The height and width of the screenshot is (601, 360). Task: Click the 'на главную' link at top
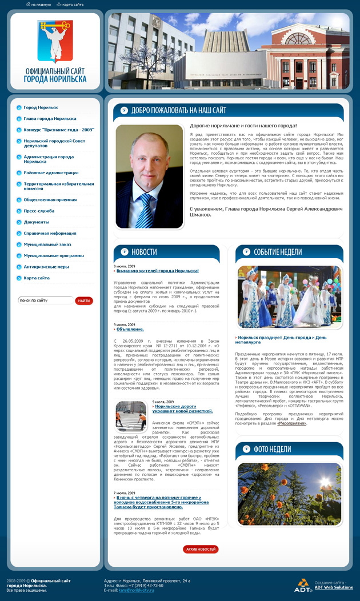(41, 4)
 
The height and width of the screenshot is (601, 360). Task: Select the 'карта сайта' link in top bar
(73, 4)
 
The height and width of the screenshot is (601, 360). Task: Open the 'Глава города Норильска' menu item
(50, 119)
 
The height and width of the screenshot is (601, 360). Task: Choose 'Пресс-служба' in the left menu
(39, 211)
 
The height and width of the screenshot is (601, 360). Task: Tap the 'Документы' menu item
(37, 222)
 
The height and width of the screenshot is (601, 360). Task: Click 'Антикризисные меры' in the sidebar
(46, 266)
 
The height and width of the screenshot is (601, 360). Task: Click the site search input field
(45, 300)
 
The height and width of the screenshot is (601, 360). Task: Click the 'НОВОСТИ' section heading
(144, 252)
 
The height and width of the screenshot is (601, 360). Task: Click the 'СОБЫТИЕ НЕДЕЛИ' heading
(278, 252)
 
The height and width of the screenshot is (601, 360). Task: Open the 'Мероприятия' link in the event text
(292, 423)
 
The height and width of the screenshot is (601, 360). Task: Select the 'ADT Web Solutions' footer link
(334, 587)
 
